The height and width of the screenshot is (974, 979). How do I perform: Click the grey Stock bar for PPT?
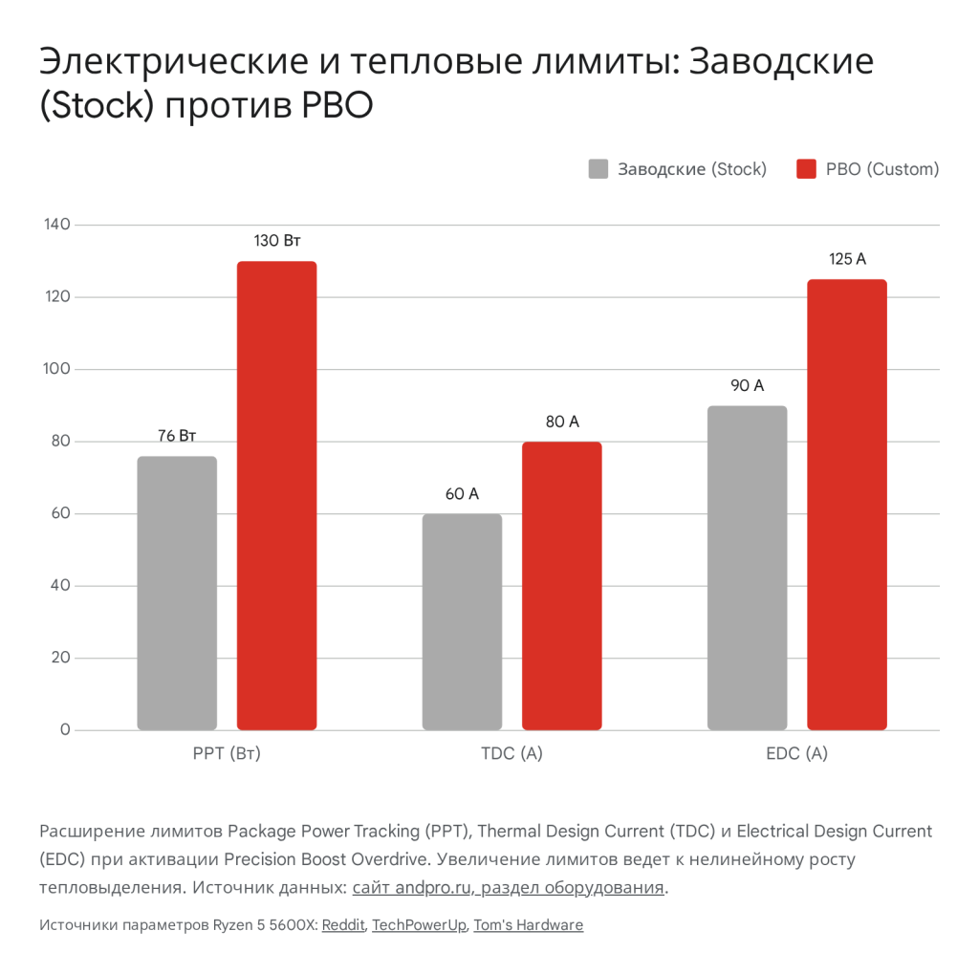[177, 593]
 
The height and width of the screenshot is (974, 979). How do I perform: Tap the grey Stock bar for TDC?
[462, 621]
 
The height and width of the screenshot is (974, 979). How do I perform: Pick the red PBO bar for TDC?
[561, 585]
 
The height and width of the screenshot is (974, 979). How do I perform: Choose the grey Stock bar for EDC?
[747, 568]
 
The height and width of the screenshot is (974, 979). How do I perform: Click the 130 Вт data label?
[276, 241]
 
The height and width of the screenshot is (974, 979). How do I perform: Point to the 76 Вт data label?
[177, 436]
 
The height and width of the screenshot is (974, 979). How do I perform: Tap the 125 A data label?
[847, 259]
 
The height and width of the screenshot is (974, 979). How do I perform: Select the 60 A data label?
[462, 494]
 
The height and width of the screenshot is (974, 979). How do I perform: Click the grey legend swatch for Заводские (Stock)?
[598, 169]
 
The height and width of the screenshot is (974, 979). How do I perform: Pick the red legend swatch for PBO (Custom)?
[807, 169]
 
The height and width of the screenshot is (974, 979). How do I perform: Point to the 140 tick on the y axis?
[57, 225]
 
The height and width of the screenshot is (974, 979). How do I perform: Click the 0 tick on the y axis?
[65, 730]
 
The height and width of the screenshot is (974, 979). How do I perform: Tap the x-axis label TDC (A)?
[511, 753]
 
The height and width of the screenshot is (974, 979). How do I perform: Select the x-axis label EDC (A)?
[796, 753]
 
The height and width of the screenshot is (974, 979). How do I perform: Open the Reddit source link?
[343, 925]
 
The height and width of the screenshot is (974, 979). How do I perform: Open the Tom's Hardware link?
[528, 925]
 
